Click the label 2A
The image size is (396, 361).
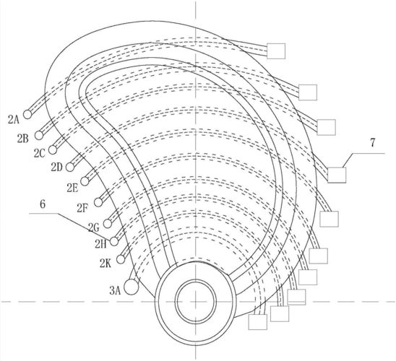[x=14, y=120]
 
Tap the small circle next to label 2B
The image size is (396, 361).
[x=39, y=135]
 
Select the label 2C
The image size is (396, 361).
[x=40, y=153]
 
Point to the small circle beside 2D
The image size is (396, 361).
[x=70, y=167]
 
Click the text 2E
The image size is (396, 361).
[x=72, y=188]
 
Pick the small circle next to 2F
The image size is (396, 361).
[x=98, y=202]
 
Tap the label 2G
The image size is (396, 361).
[x=93, y=227]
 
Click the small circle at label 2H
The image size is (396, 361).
[x=114, y=241]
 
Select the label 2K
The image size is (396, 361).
[x=105, y=264]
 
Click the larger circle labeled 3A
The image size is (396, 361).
[x=132, y=287]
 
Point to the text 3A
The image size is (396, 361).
[x=115, y=291]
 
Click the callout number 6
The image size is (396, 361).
[x=43, y=204]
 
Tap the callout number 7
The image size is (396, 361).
[x=372, y=143]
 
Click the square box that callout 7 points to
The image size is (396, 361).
[x=337, y=175]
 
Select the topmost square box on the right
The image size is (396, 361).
[x=276, y=51]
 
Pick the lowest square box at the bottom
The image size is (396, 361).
[x=258, y=322]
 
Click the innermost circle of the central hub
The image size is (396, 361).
[x=196, y=302]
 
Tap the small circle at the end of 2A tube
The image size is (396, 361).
[x=27, y=114]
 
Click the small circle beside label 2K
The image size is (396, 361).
[x=121, y=259]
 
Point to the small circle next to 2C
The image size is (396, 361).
[x=53, y=149]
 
